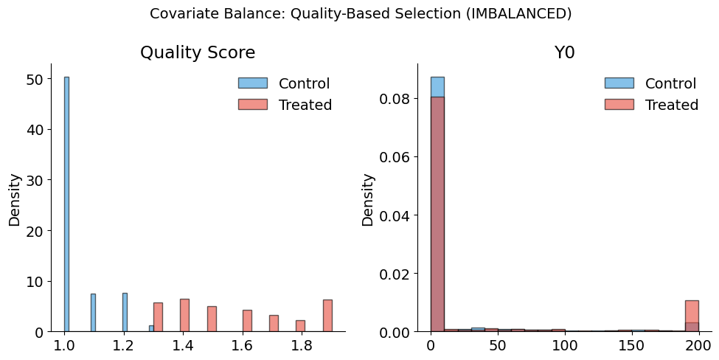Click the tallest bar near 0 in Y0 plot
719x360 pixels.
click(x=437, y=214)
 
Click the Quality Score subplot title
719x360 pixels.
click(x=198, y=53)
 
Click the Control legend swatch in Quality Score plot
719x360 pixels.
click(x=252, y=83)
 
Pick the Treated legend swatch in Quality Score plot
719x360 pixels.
click(x=252, y=105)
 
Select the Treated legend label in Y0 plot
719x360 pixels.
click(x=671, y=105)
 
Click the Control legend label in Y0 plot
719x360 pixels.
click(x=671, y=83)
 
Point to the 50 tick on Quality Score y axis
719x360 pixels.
click(x=35, y=79)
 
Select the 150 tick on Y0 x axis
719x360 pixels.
click(x=631, y=345)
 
